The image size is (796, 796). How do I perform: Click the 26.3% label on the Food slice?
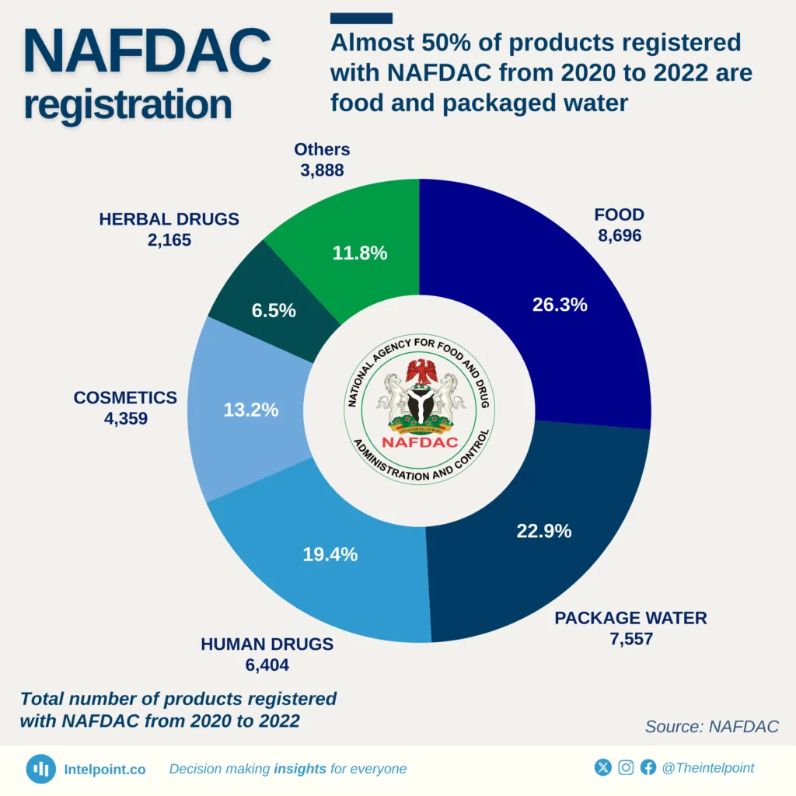coord(560,305)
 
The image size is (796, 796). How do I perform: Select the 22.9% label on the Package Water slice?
coord(544,532)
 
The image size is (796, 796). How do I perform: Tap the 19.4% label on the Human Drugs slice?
coord(330,554)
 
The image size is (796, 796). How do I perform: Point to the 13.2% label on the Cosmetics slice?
coord(250,410)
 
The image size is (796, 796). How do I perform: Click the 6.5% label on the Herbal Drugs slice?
coord(273,310)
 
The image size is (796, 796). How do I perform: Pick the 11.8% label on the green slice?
coord(360,253)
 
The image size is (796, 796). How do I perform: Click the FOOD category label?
coord(620,215)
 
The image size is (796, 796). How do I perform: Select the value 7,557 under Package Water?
coord(630,639)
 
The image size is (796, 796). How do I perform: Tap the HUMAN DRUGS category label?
coord(267,644)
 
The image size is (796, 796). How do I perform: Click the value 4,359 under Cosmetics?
coord(125,418)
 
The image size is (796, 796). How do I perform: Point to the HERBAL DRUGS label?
coord(169,219)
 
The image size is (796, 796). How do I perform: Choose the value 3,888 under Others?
coord(322,169)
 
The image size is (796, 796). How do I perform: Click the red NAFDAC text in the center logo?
coord(421,442)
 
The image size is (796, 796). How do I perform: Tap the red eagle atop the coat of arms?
coord(422,372)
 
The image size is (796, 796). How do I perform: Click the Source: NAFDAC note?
coord(711,726)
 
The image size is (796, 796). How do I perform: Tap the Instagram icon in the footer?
coord(626,768)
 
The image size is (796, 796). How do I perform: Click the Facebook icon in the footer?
coord(648,768)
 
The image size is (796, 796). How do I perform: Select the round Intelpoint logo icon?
coord(41,769)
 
